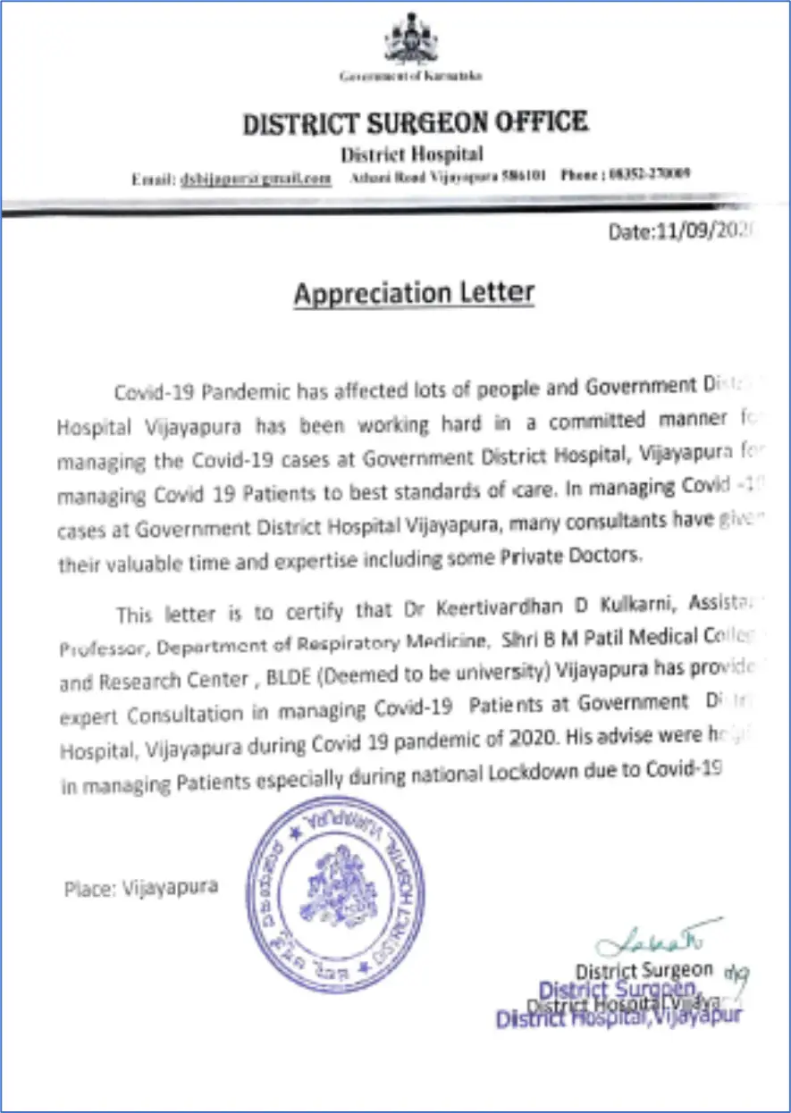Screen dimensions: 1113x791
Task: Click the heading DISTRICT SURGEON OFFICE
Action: click(x=415, y=123)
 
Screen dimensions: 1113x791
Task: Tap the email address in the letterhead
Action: click(x=257, y=178)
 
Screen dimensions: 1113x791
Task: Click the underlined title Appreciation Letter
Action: click(x=414, y=294)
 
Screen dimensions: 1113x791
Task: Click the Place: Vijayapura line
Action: click(x=140, y=890)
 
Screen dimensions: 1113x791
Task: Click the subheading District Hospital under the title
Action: click(x=412, y=155)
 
